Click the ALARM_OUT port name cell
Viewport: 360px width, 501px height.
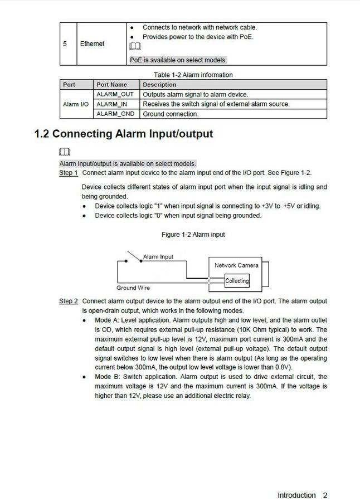coord(115,94)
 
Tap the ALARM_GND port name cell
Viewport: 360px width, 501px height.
coord(115,114)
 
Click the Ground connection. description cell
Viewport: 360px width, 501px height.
coord(171,114)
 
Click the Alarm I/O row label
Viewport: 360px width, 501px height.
coord(75,104)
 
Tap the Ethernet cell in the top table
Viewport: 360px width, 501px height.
coord(92,43)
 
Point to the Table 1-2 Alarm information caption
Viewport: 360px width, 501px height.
coord(193,75)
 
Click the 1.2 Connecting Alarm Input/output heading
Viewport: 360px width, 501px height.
coord(124,134)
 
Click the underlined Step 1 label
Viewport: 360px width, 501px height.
coord(69,173)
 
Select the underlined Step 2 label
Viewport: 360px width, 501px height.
coord(69,301)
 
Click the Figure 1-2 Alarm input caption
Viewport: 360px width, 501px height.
coord(193,235)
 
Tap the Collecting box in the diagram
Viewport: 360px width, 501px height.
coord(237,281)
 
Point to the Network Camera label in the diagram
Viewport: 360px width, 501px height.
coord(236,265)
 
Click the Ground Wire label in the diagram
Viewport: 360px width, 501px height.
coord(133,288)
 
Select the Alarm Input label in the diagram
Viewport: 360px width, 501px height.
coord(158,257)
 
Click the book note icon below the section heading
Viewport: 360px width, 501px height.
coord(65,152)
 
